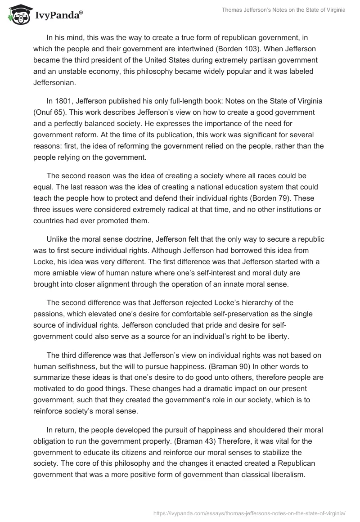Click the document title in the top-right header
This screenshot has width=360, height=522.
284,11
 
